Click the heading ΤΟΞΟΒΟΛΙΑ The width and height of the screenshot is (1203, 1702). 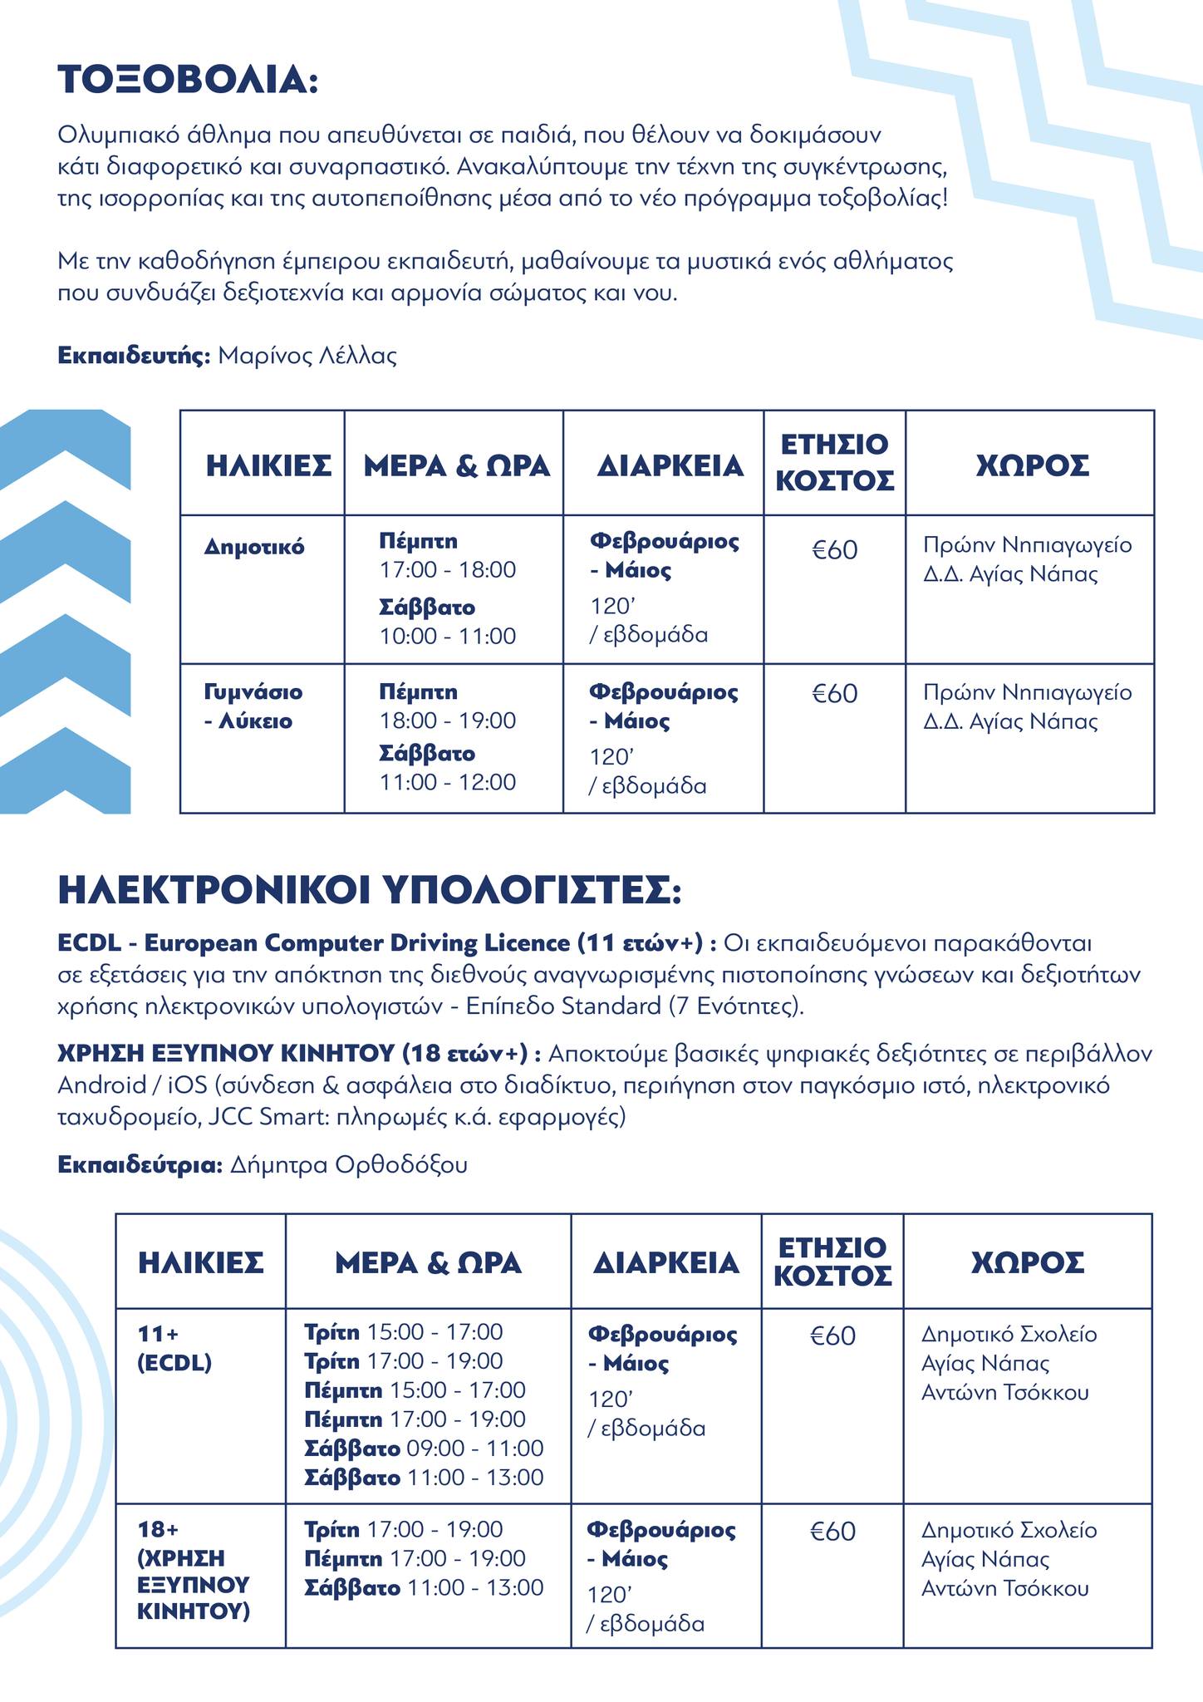click(188, 81)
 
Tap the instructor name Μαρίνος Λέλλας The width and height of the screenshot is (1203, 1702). click(307, 357)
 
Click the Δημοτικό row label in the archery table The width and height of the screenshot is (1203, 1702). click(254, 547)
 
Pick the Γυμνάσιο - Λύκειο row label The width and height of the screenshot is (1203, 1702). click(253, 706)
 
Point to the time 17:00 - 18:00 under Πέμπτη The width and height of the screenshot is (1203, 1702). click(448, 570)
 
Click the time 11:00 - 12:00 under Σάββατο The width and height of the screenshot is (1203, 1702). click(448, 782)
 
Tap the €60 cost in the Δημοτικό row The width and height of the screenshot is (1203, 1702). click(834, 549)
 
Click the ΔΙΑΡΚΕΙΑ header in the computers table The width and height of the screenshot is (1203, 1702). click(665, 1263)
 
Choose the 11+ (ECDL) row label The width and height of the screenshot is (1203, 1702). click(174, 1348)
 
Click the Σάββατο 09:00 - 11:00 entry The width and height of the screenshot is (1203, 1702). click(424, 1448)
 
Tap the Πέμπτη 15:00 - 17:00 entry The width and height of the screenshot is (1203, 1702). click(415, 1390)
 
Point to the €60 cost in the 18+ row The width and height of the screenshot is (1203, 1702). click(832, 1531)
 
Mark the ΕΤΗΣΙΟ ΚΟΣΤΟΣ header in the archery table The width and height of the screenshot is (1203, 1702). click(834, 462)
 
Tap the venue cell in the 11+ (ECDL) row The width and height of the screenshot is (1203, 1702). click(1009, 1363)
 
